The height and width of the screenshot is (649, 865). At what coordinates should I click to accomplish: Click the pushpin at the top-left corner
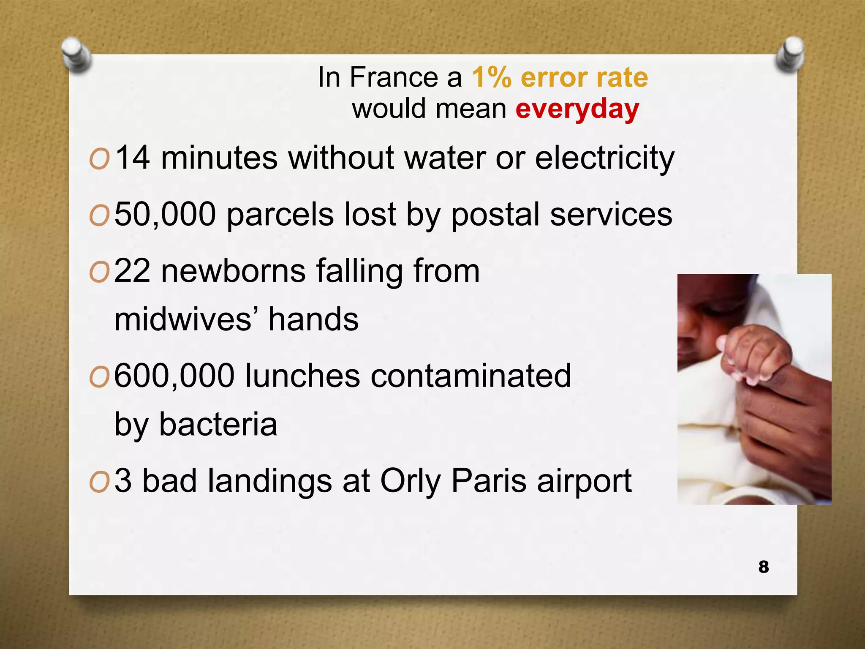click(x=76, y=54)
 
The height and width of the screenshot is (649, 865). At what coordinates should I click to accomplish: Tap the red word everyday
click(x=577, y=109)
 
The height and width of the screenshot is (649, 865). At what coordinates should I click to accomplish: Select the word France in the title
click(x=394, y=77)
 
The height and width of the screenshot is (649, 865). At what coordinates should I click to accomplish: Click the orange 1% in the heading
click(x=491, y=77)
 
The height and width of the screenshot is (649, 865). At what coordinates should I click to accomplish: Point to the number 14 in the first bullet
click(x=132, y=158)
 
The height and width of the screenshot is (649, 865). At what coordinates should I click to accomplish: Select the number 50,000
click(x=165, y=215)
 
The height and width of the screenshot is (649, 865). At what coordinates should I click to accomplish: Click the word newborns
click(x=233, y=271)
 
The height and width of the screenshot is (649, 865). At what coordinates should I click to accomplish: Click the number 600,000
click(x=174, y=376)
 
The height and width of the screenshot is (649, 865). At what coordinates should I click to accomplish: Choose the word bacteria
click(x=218, y=424)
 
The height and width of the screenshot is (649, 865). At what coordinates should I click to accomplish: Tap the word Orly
click(x=410, y=481)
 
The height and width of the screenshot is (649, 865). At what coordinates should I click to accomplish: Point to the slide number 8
click(x=763, y=567)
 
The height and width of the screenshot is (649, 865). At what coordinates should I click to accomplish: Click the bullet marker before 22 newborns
click(x=99, y=273)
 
